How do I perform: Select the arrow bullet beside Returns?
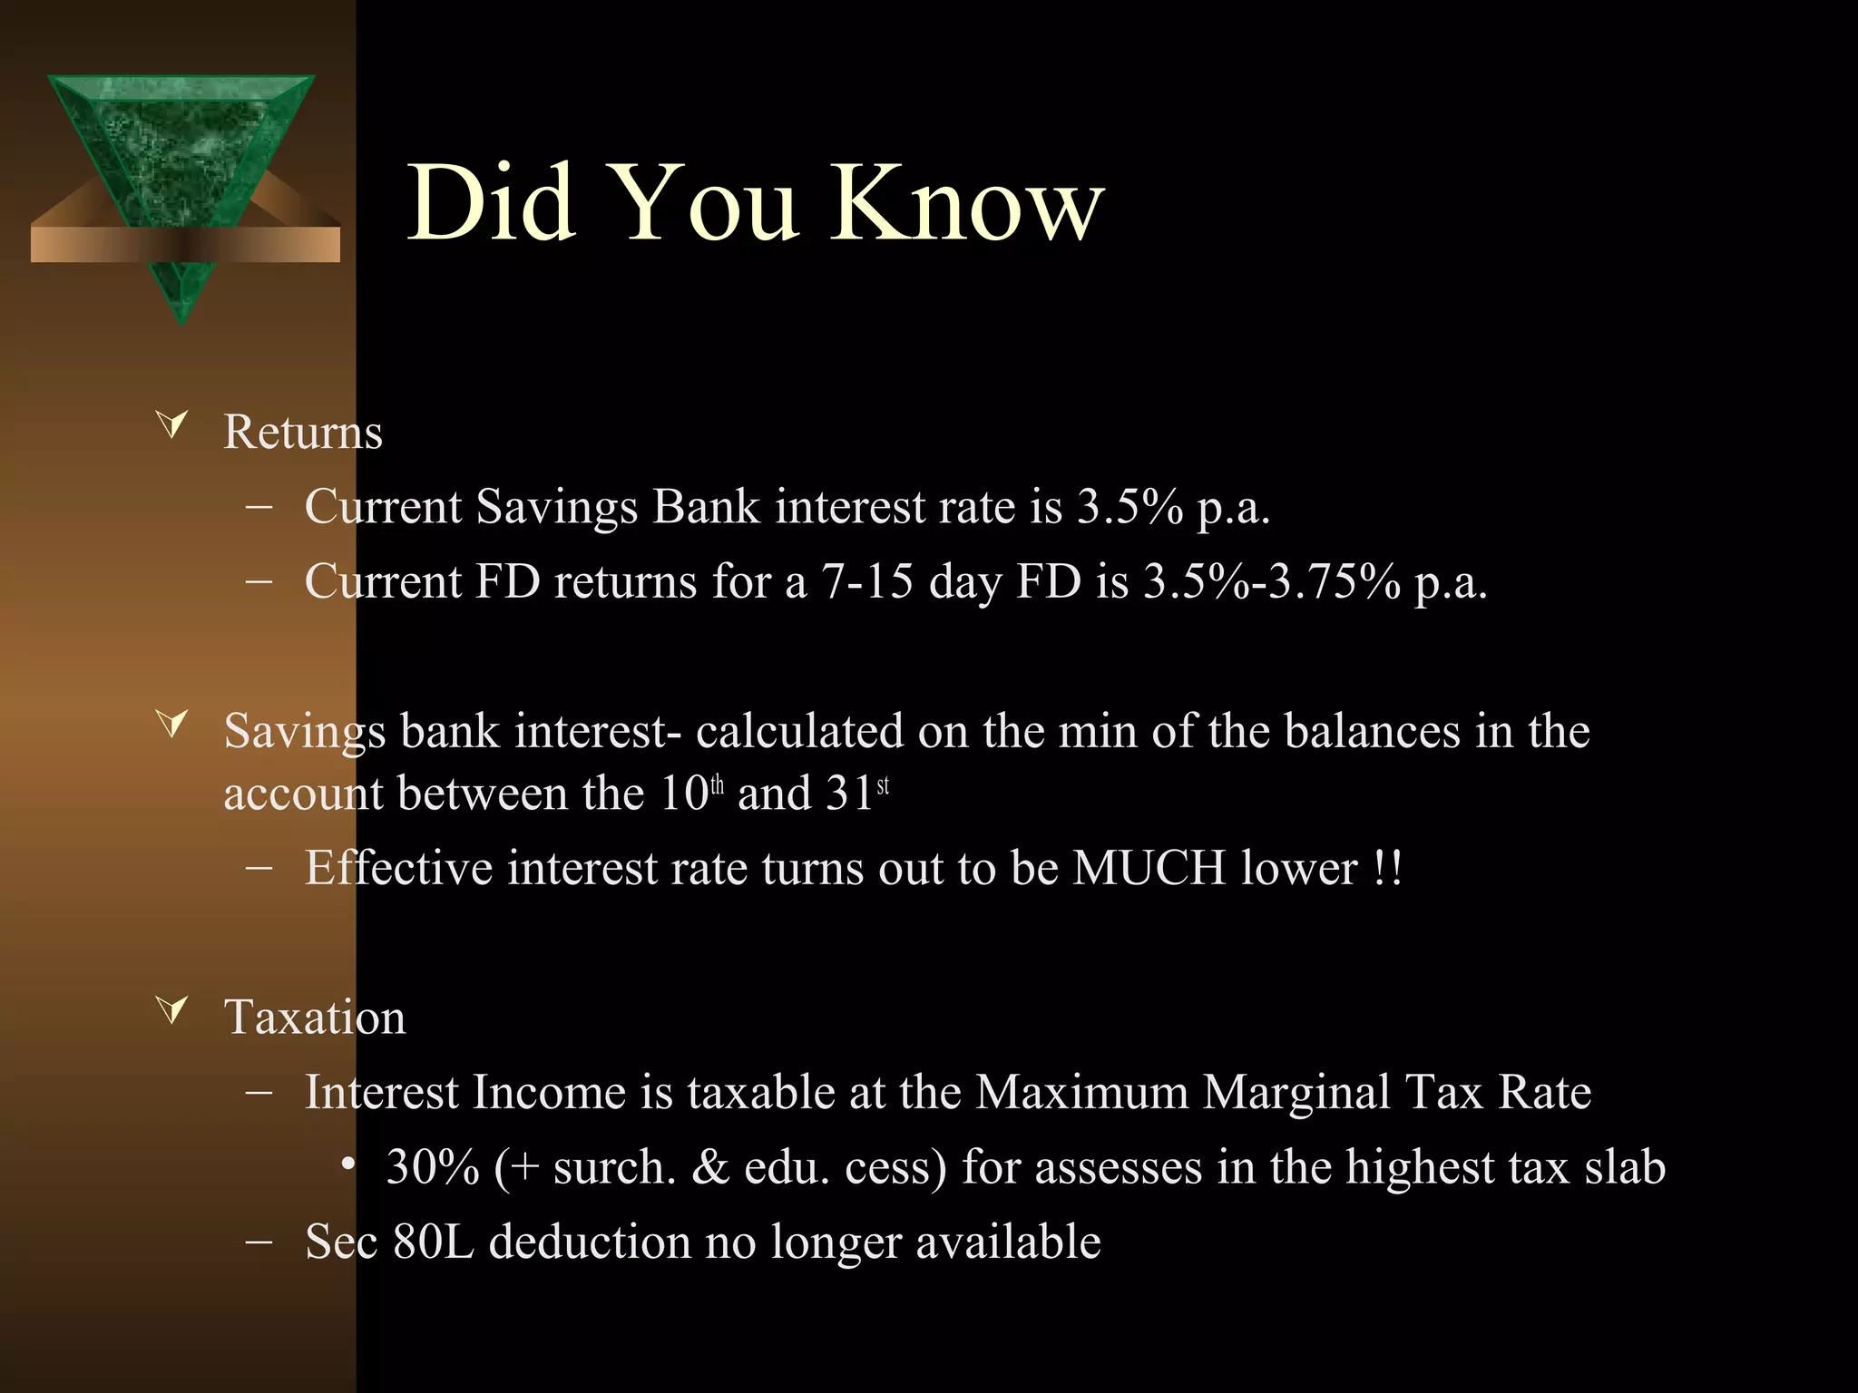click(172, 424)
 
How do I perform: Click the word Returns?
click(303, 432)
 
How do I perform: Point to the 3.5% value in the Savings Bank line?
click(1129, 506)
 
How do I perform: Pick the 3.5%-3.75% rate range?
click(1271, 580)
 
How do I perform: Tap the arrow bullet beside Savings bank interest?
click(172, 723)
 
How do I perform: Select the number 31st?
click(857, 793)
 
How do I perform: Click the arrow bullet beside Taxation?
click(172, 1008)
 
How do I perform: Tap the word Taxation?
click(315, 1017)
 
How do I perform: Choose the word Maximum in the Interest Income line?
click(1081, 1091)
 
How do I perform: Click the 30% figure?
click(432, 1166)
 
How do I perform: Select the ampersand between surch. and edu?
click(710, 1166)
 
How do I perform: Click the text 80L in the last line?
click(433, 1242)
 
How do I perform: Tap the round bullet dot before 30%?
click(347, 1164)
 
